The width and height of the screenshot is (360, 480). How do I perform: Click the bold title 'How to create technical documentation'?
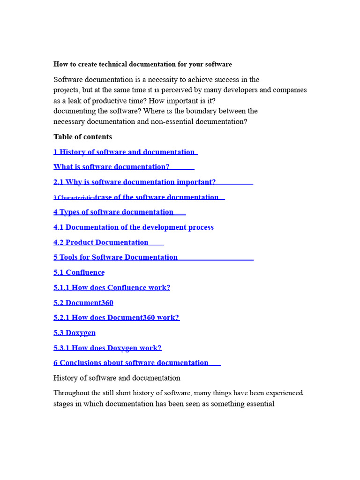142,64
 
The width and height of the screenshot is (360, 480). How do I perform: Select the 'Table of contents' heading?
82,137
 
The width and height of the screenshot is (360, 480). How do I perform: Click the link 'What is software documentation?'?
112,167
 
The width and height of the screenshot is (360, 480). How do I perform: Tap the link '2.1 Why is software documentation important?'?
135,182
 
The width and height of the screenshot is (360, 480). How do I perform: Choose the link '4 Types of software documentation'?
113,212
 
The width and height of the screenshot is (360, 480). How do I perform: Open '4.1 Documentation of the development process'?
133,227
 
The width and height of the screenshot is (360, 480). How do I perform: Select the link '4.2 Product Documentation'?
101,242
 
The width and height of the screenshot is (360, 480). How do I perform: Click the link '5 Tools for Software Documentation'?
115,257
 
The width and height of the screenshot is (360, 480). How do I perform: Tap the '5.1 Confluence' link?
79,272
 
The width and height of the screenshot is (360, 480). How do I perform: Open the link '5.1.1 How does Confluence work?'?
112,287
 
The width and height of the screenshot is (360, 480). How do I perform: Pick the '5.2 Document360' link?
83,303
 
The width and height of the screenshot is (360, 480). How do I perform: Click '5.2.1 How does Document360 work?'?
116,318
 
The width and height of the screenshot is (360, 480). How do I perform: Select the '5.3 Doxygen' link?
75,333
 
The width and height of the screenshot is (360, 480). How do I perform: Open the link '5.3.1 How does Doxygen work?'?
107,348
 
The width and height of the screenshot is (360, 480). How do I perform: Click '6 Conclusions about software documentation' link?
131,363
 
